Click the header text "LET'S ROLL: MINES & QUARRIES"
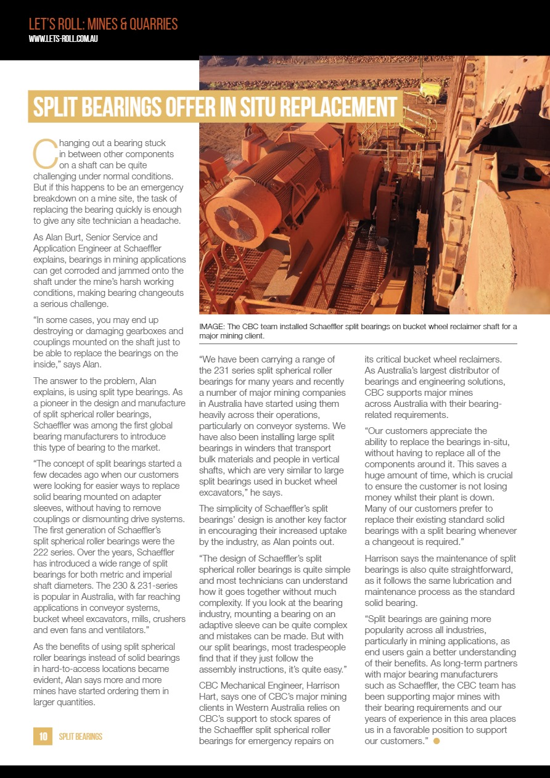(103, 24)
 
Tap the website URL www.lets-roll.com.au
(64, 39)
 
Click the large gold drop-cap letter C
(44, 154)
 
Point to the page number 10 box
(43, 736)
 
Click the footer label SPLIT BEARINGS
(80, 737)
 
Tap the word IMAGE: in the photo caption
(213, 326)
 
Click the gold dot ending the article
(437, 740)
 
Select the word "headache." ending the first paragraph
(163, 220)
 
